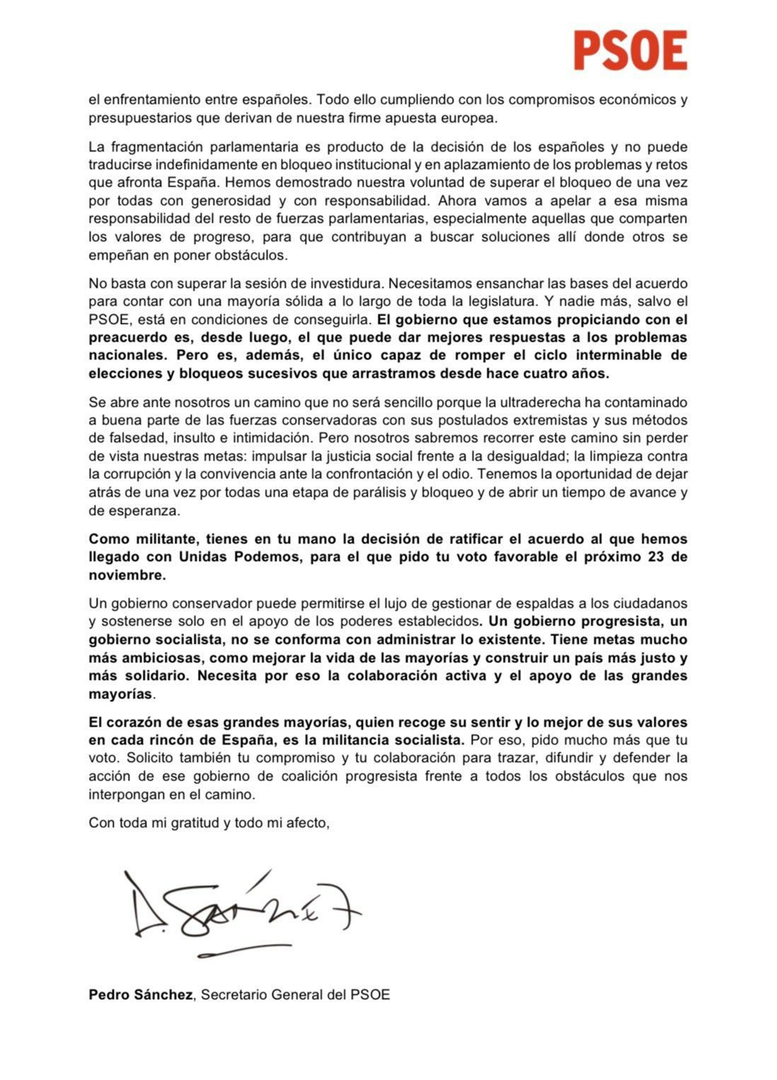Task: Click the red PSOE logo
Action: pos(630,50)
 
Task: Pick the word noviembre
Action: pos(127,575)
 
